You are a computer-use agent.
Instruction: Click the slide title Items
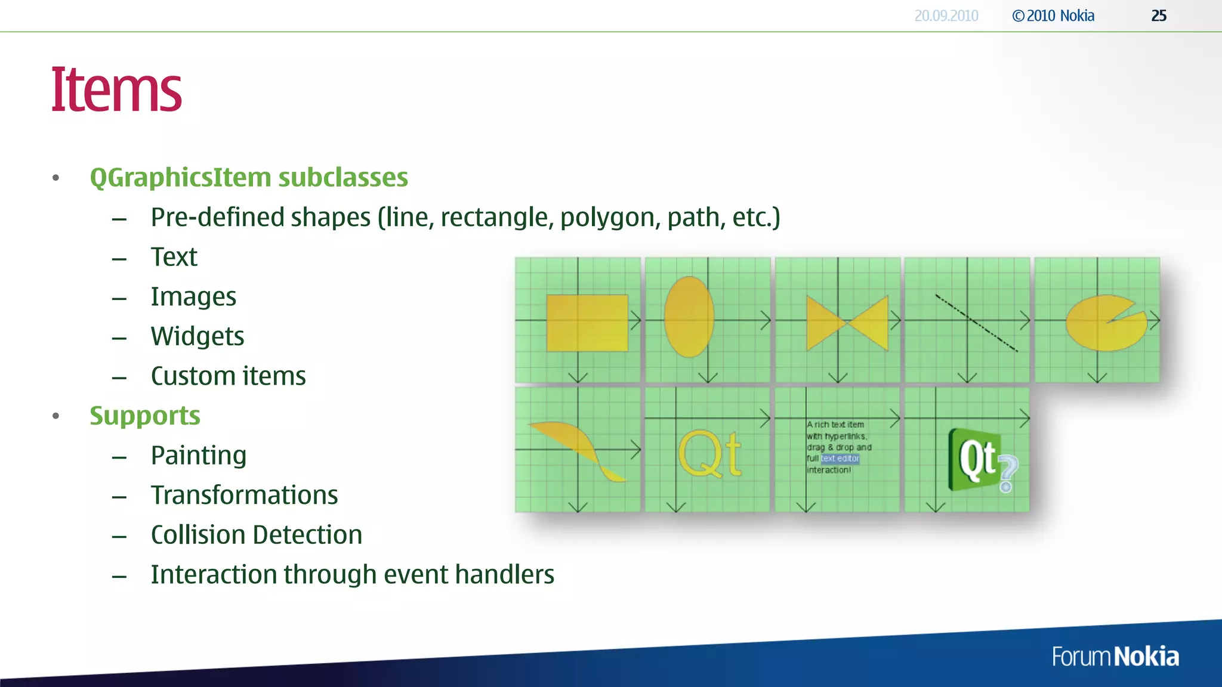pos(116,90)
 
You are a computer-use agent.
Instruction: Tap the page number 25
pos(1158,16)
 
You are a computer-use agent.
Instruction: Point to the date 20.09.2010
pos(946,16)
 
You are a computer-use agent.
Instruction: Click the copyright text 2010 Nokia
pos(1053,16)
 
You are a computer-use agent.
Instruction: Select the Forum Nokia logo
pos(1115,657)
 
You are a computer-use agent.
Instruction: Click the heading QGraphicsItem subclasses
pos(249,178)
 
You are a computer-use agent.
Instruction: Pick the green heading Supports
pos(145,416)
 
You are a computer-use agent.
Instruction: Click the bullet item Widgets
pos(198,336)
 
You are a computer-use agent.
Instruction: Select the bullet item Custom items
pos(228,376)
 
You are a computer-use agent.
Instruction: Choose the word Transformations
pos(244,495)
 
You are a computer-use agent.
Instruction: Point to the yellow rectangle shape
pos(587,323)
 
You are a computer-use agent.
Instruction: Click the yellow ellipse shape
pos(689,317)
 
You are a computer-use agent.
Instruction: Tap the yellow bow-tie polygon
pos(847,323)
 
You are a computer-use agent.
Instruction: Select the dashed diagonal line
pos(976,323)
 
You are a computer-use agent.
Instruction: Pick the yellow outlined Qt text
pos(709,455)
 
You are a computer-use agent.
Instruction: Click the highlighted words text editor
pos(840,459)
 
